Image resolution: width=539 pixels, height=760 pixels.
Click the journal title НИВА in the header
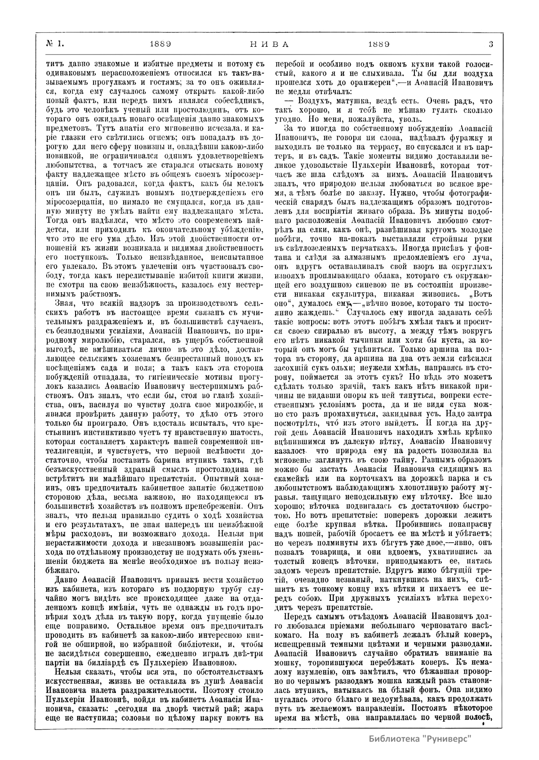268,44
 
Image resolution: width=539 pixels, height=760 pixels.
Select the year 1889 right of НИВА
378,44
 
